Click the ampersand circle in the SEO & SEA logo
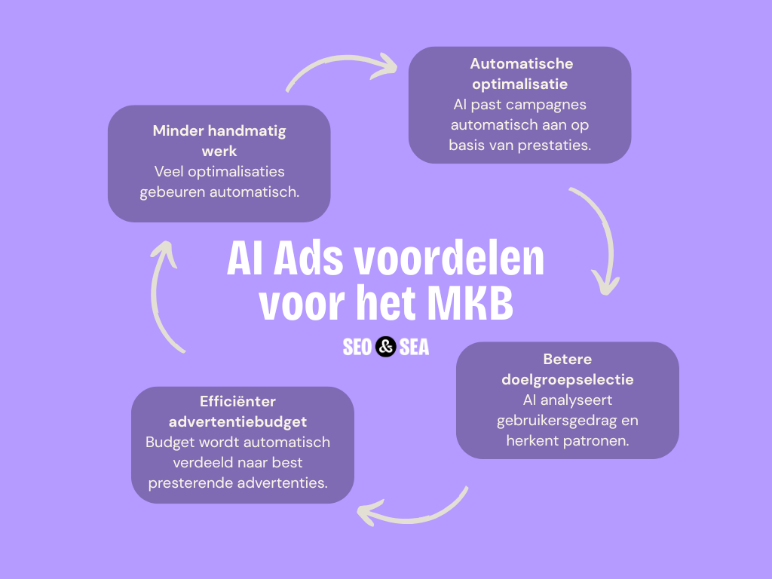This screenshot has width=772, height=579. click(x=385, y=347)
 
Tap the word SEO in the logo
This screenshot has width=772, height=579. click(x=357, y=347)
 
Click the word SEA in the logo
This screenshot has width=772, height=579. click(x=414, y=347)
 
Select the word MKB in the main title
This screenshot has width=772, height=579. click(x=470, y=303)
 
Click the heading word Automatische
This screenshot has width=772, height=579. click(x=522, y=63)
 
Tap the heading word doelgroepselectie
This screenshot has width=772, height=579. click(x=567, y=380)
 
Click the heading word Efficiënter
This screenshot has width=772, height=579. click(x=237, y=401)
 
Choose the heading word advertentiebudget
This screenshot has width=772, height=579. click(x=237, y=422)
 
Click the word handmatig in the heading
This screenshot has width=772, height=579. click(x=247, y=131)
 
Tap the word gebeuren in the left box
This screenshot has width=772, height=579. click(x=173, y=192)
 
